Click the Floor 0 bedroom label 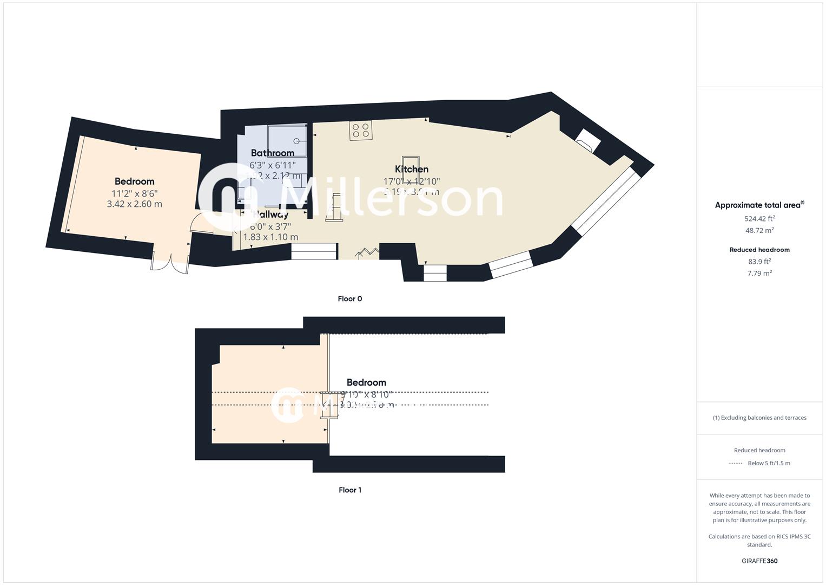pyautogui.click(x=134, y=181)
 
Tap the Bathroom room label pyautogui.click(x=273, y=153)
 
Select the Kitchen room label pyautogui.click(x=412, y=170)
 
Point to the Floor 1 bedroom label pyautogui.click(x=366, y=382)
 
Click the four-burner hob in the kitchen pyautogui.click(x=360, y=130)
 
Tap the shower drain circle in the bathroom pyautogui.click(x=296, y=141)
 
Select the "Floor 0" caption pyautogui.click(x=350, y=299)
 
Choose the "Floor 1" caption pyautogui.click(x=350, y=490)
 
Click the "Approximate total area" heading pyautogui.click(x=759, y=205)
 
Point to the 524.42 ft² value pyautogui.click(x=759, y=219)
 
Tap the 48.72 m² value pyautogui.click(x=759, y=231)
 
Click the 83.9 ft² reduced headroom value pyautogui.click(x=759, y=262)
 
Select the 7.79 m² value pyautogui.click(x=759, y=274)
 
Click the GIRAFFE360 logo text pyautogui.click(x=759, y=561)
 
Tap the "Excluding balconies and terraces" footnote pyautogui.click(x=759, y=418)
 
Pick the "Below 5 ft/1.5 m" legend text pyautogui.click(x=769, y=463)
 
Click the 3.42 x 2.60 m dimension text pyautogui.click(x=134, y=204)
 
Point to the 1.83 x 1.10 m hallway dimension pyautogui.click(x=270, y=237)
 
